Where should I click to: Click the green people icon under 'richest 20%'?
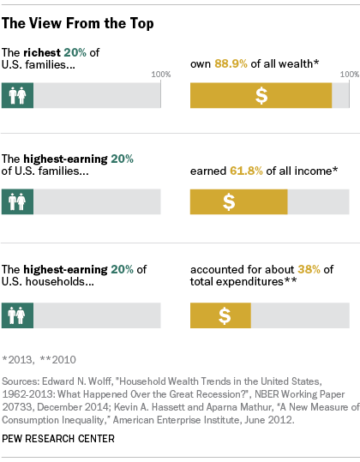click(x=18, y=96)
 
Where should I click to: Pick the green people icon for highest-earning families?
click(x=18, y=202)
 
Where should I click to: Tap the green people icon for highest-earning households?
click(x=18, y=315)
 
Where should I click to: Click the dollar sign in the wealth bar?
click(x=261, y=96)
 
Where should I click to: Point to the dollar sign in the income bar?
click(x=229, y=202)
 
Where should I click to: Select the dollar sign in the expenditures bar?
click(x=224, y=315)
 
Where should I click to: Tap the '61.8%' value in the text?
click(x=243, y=171)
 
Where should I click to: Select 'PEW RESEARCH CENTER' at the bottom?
click(x=58, y=438)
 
